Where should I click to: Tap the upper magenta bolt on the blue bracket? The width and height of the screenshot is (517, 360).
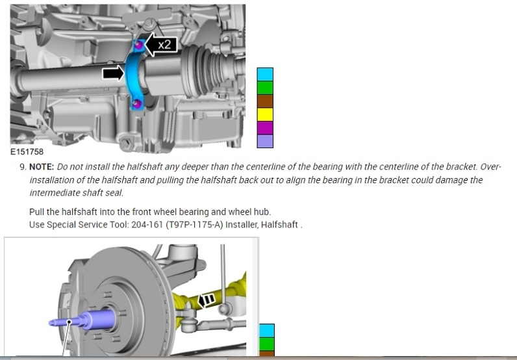click(139, 45)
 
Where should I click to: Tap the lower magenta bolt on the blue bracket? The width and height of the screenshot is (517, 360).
click(137, 104)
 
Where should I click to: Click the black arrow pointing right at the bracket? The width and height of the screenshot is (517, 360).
click(114, 73)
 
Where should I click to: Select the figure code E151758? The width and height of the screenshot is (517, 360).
click(27, 152)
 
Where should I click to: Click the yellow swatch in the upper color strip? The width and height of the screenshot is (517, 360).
click(265, 114)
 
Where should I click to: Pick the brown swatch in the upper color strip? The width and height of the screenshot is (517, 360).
click(265, 101)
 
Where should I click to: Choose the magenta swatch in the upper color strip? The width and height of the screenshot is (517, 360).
click(265, 128)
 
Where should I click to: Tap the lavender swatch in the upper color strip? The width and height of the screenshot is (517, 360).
click(265, 141)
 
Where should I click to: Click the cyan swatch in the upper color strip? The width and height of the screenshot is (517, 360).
click(265, 75)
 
